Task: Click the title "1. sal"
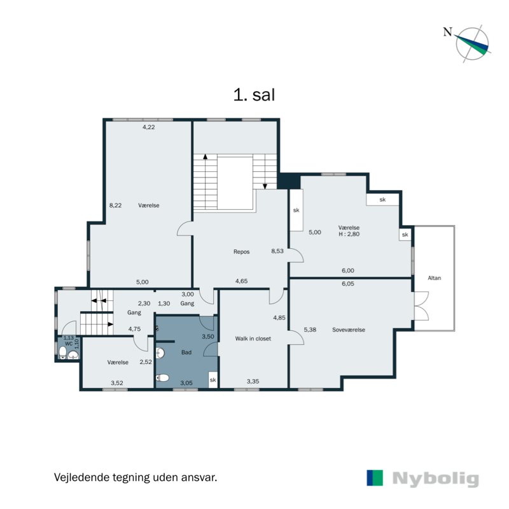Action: [254, 95]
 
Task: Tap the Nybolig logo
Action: [422, 478]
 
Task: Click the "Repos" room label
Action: [241, 251]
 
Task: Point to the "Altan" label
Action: [435, 278]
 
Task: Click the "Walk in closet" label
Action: [253, 338]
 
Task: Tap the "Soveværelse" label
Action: [349, 330]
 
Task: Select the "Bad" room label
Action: [186, 352]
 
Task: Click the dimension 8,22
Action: [116, 206]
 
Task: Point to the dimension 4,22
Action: [149, 127]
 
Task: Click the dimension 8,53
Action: [277, 251]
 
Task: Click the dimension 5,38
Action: [310, 330]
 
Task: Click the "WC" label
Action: [67, 342]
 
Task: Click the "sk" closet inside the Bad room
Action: [213, 380]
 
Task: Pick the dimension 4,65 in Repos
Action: [242, 281]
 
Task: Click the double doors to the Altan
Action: [421, 305]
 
